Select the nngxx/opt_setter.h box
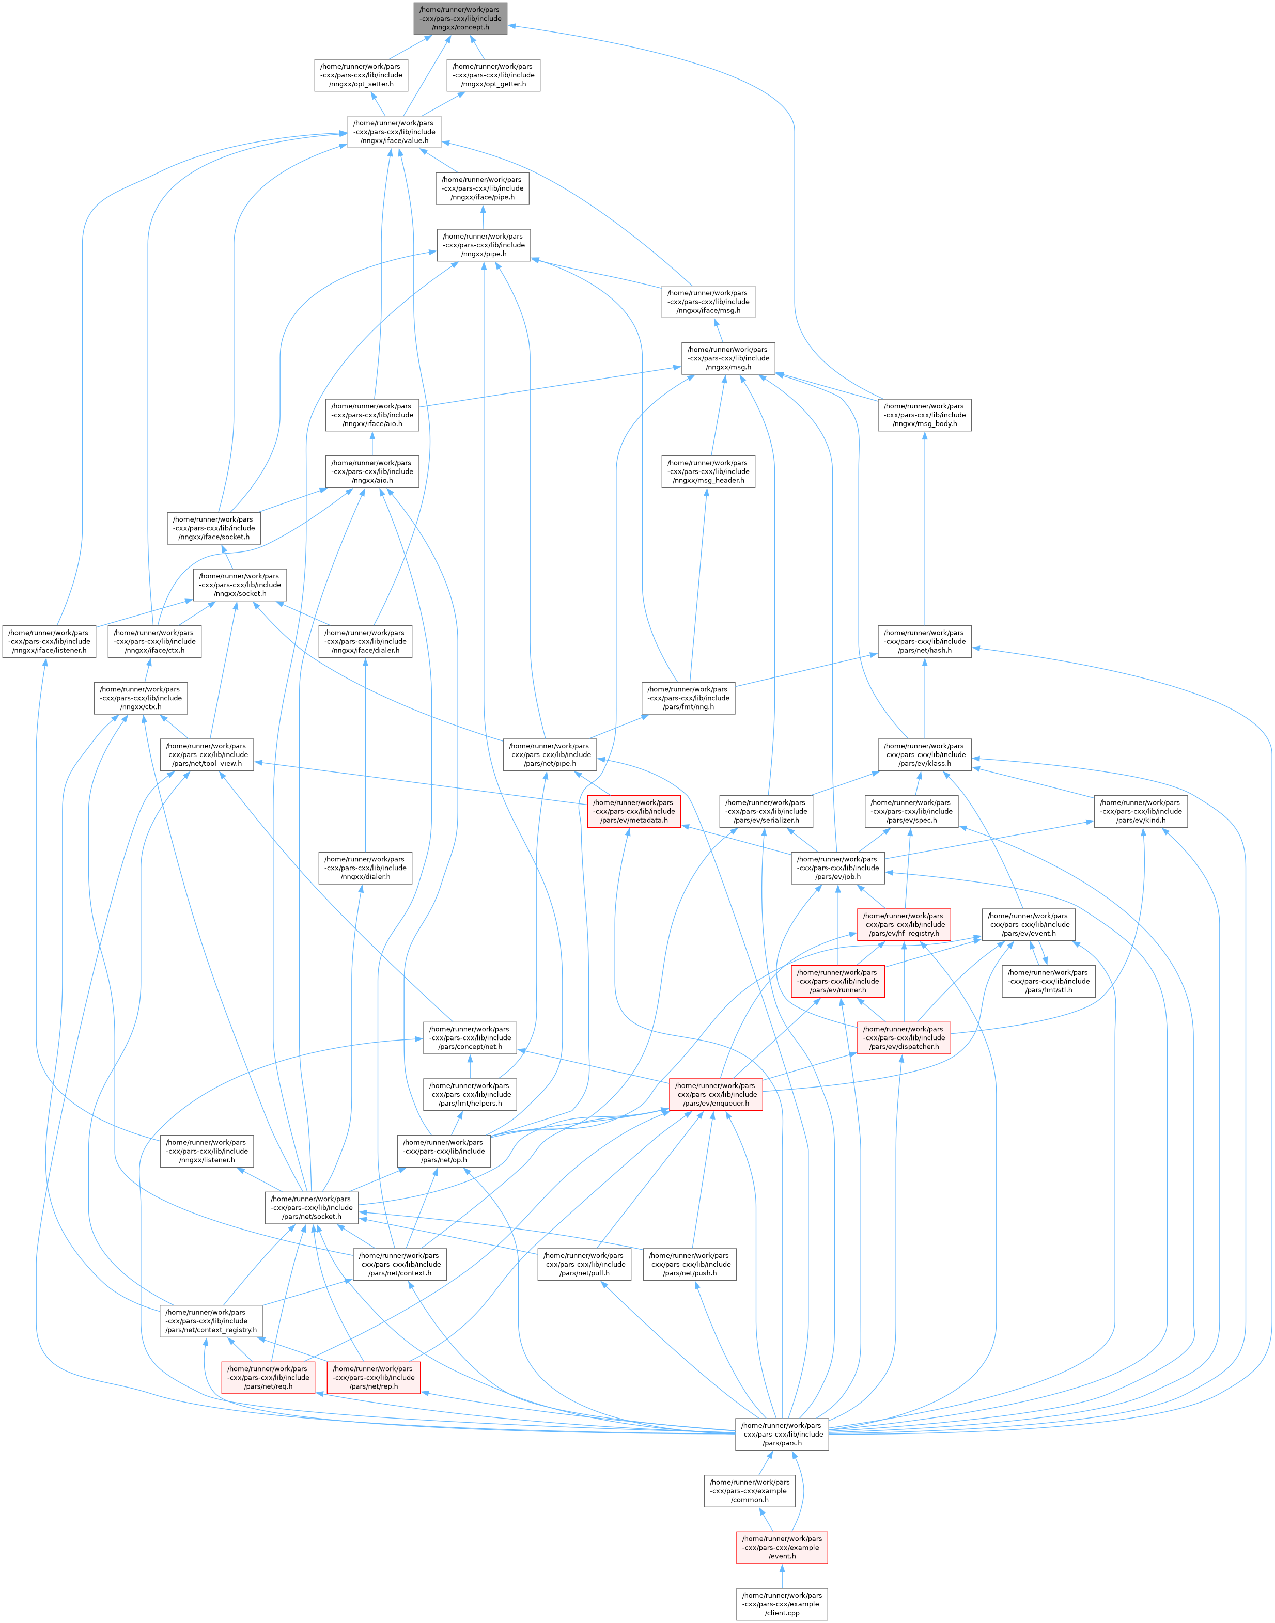click(361, 75)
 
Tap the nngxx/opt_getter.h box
click(493, 75)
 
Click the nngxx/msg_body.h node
click(924, 415)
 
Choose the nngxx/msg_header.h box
click(708, 471)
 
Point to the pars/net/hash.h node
click(924, 641)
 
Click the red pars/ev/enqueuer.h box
click(715, 1094)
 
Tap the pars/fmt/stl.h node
click(1048, 981)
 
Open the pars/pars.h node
click(782, 1434)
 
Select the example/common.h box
click(750, 1491)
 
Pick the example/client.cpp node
click(782, 1603)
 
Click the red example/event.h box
click(782, 1548)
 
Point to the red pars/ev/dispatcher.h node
click(903, 1037)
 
